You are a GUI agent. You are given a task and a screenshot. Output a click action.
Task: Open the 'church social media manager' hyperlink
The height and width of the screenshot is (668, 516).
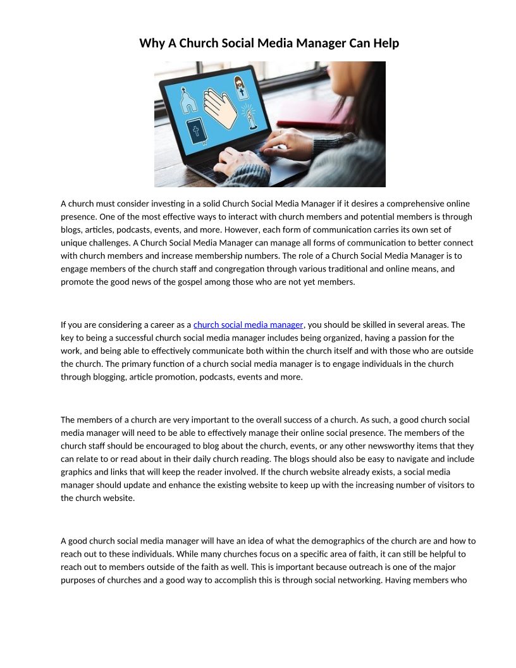[x=248, y=325]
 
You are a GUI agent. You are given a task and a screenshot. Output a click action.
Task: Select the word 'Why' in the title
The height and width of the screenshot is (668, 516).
[x=152, y=43]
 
